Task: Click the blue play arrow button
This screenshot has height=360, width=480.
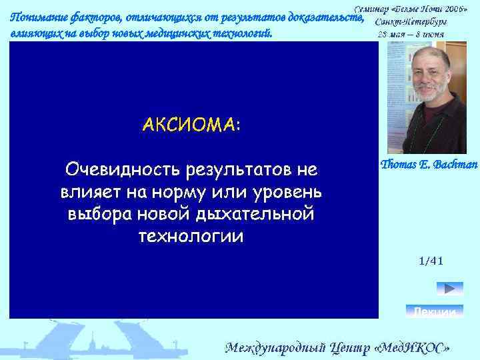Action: tap(449, 289)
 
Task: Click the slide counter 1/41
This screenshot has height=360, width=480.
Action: tap(431, 261)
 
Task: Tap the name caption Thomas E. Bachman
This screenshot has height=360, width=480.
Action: tap(429, 165)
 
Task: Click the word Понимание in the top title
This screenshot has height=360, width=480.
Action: tap(40, 19)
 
